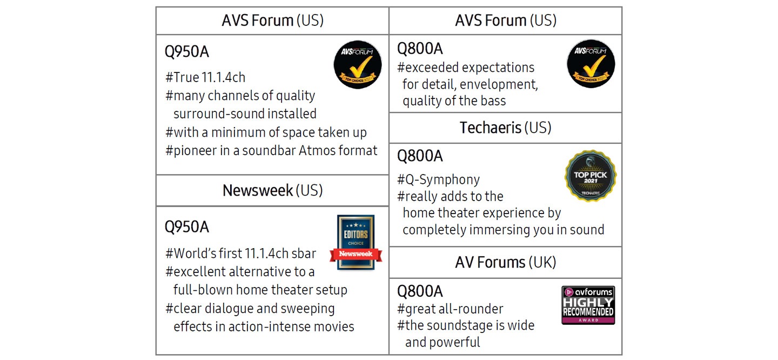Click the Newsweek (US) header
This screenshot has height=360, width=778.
(273, 190)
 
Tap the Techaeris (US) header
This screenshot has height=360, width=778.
(505, 128)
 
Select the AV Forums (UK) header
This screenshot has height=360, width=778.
(505, 262)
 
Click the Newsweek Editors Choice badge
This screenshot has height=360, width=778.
(356, 243)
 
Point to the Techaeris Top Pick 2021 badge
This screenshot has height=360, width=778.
(591, 176)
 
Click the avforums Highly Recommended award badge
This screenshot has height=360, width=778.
(588, 305)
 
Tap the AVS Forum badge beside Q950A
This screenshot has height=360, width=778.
(358, 65)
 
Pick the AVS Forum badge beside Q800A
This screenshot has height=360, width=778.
(591, 64)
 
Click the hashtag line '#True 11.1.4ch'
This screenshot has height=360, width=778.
(205, 77)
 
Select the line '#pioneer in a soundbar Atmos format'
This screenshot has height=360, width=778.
(271, 150)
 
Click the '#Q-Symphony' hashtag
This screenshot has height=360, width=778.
(438, 179)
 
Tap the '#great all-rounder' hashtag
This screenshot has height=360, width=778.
(450, 309)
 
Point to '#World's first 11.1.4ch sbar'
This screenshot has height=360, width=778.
(241, 254)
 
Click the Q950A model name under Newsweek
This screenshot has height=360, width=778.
(187, 227)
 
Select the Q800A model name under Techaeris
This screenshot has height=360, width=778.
(420, 156)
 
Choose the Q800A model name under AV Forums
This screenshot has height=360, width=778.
(420, 291)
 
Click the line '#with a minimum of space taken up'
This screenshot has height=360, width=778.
(266, 132)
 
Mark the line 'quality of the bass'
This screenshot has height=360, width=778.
(454, 101)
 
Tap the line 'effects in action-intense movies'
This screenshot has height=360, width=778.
(264, 326)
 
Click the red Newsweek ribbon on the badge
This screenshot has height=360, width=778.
(356, 254)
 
